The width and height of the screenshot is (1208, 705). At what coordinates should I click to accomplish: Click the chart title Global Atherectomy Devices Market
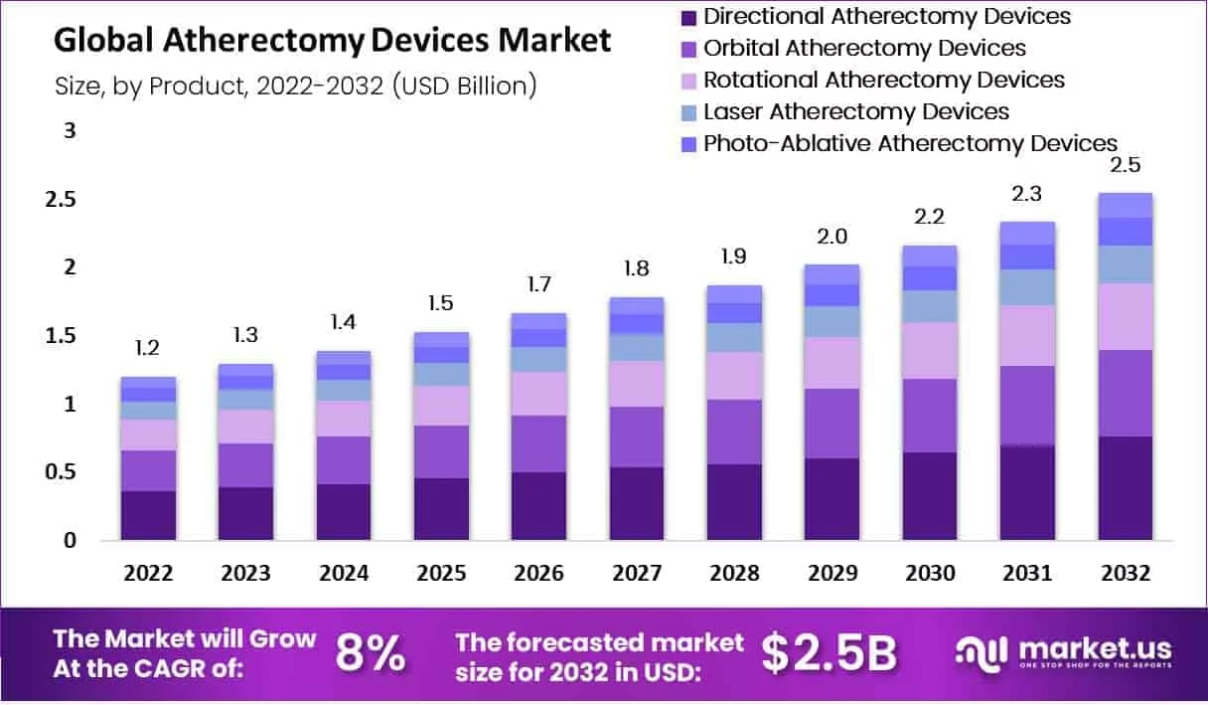tap(332, 41)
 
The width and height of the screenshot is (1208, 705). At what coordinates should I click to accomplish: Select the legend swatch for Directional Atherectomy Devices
tap(687, 17)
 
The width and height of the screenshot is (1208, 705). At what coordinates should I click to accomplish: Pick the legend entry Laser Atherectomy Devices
tap(855, 111)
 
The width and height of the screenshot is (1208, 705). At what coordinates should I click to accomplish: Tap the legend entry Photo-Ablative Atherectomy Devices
tap(910, 143)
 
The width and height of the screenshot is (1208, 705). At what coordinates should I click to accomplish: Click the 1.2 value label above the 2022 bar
tap(147, 348)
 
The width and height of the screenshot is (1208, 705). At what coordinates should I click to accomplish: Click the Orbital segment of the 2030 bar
tap(929, 416)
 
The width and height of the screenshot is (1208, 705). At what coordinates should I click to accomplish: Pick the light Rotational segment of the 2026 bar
tap(537, 394)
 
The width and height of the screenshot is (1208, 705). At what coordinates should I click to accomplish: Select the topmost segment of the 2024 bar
tap(343, 357)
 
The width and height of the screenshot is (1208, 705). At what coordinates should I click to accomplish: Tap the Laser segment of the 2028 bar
tap(733, 337)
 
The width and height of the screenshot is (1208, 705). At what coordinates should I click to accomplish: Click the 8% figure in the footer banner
tap(370, 653)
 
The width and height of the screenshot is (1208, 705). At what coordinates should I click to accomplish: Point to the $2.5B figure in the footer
tap(829, 653)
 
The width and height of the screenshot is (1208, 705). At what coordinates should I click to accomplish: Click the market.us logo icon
tap(982, 653)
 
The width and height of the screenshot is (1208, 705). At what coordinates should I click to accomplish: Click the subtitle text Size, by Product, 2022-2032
tap(220, 87)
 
